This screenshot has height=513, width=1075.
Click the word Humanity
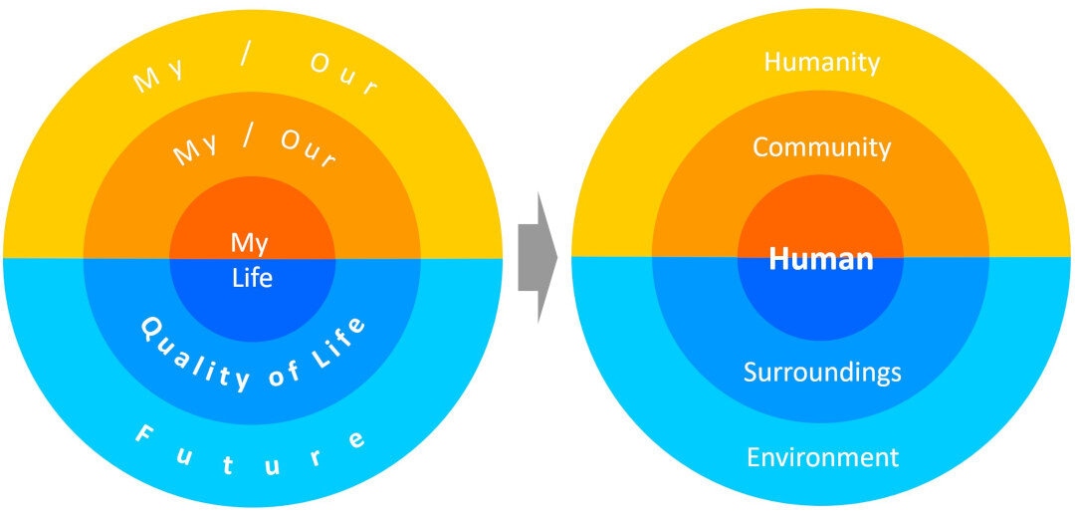click(822, 63)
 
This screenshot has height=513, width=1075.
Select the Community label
click(822, 147)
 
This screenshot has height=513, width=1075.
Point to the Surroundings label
click(822, 373)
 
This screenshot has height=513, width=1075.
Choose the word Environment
click(822, 457)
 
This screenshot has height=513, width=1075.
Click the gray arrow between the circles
click(537, 258)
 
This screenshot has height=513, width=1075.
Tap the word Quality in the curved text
click(195, 357)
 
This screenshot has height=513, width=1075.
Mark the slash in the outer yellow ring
click(246, 59)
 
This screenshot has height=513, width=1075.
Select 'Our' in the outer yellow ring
click(343, 76)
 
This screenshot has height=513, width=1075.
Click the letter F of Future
click(143, 434)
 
